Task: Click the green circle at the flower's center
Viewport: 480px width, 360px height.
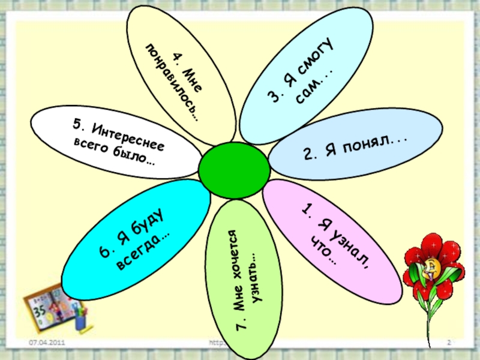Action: (230, 169)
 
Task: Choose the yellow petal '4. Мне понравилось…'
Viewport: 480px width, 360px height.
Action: (180, 72)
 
